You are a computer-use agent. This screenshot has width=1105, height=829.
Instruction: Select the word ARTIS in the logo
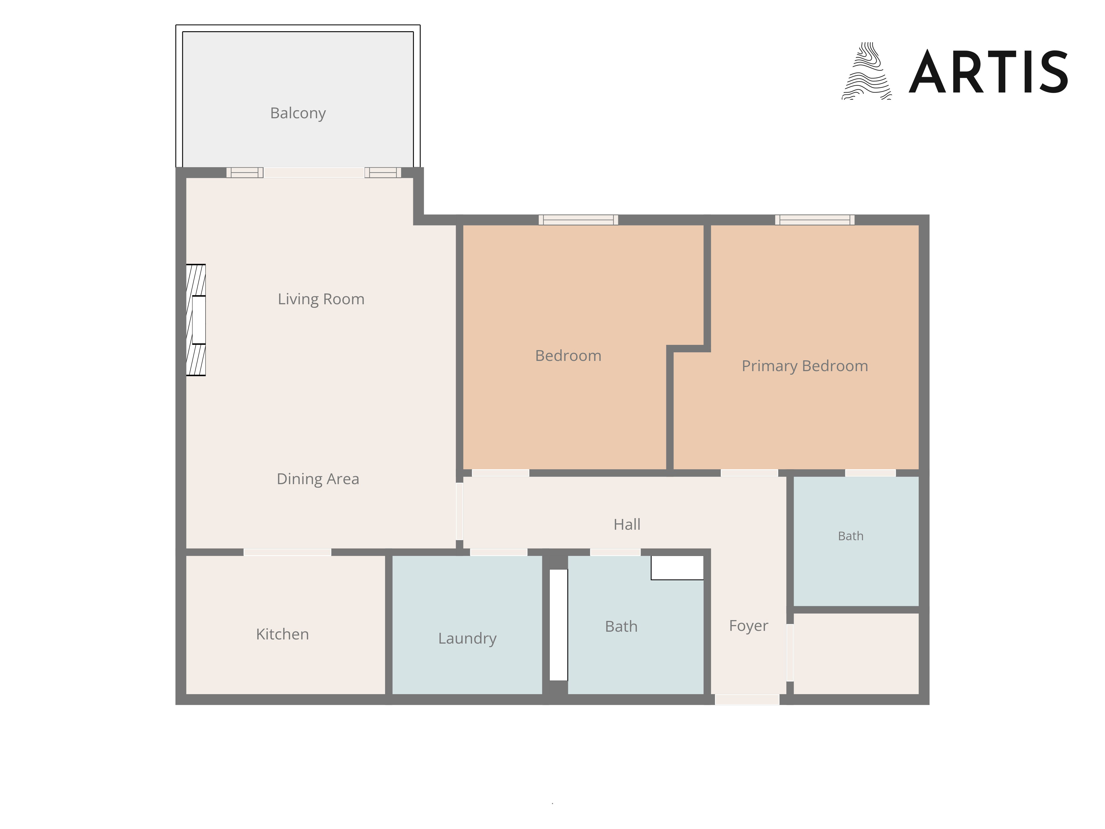tap(988, 72)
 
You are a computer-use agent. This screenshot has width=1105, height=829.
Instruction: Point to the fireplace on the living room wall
tap(196, 320)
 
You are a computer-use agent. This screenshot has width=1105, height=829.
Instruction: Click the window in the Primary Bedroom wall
tap(815, 220)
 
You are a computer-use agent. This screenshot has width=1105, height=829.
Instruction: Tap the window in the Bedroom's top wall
tap(578, 220)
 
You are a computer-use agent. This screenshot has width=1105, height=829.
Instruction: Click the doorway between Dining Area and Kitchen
tap(287, 552)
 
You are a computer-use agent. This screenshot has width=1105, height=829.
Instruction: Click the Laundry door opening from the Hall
tap(499, 552)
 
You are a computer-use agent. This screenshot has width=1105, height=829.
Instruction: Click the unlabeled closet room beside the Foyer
tap(856, 654)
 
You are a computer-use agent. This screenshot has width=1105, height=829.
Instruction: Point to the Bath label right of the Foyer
tap(851, 536)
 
